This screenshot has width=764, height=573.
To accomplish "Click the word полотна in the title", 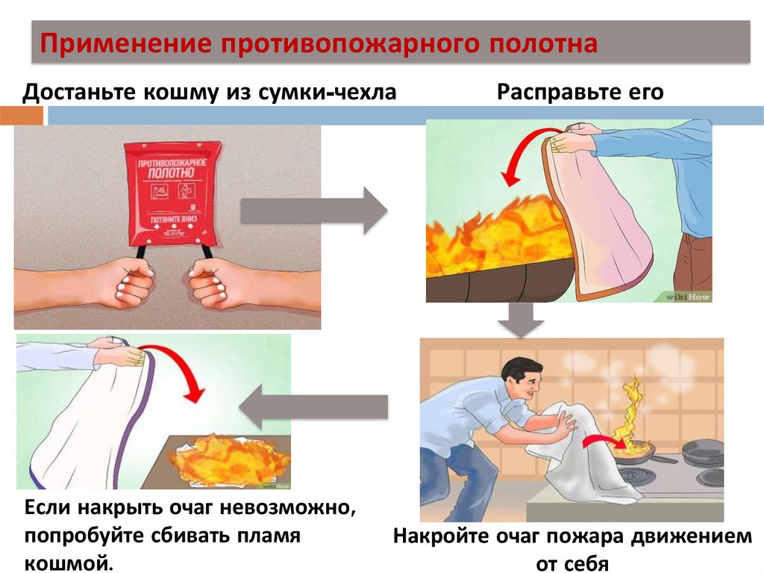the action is click(542, 43).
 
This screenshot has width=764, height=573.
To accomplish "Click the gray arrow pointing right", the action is click(313, 212).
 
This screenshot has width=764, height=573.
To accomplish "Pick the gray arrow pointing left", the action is click(313, 407).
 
